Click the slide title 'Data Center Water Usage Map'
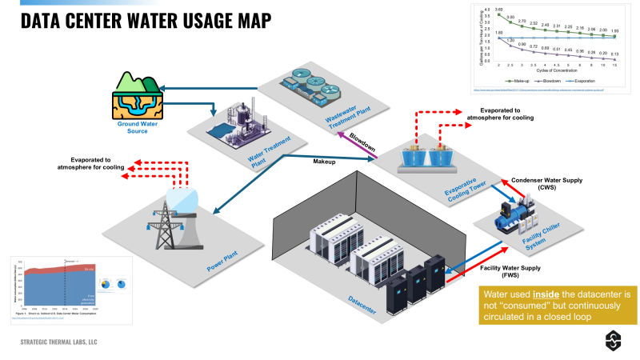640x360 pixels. pyautogui.click(x=145, y=20)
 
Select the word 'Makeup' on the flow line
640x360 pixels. pyautogui.click(x=324, y=162)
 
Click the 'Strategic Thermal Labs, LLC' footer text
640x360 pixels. pyautogui.click(x=70, y=342)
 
